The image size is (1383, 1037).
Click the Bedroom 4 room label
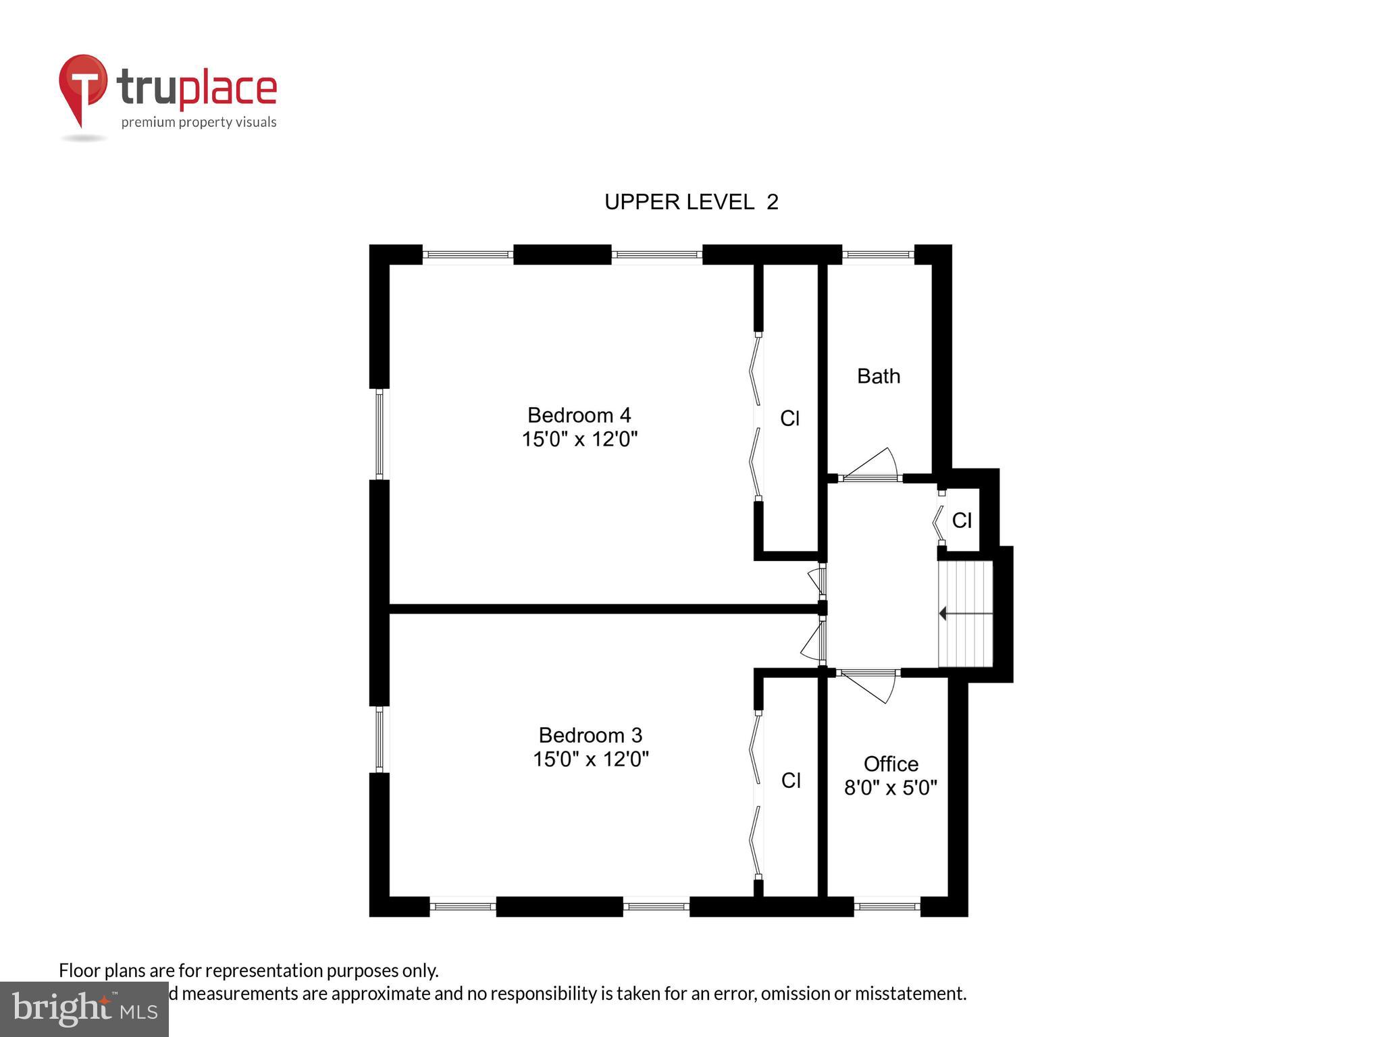pos(579,415)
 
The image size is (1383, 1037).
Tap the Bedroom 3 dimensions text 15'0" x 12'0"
pos(590,760)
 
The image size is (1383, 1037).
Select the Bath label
pos(879,376)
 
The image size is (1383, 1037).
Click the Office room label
pos(891,764)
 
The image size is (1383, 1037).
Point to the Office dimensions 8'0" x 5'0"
pos(891,788)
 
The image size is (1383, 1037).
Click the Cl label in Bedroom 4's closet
pos(789,419)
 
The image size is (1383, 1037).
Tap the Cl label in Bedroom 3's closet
pos(791,780)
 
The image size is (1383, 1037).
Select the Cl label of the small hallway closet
pos(962,520)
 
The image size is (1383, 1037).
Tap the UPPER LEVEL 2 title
pos(691,202)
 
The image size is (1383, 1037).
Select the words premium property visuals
pos(199,122)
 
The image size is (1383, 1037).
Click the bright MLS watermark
pos(84,1009)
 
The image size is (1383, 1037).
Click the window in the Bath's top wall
pos(878,255)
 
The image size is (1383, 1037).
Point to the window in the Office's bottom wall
pos(887,907)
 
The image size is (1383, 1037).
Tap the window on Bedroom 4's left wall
pos(380,434)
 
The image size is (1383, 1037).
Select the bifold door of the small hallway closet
pos(939,520)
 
